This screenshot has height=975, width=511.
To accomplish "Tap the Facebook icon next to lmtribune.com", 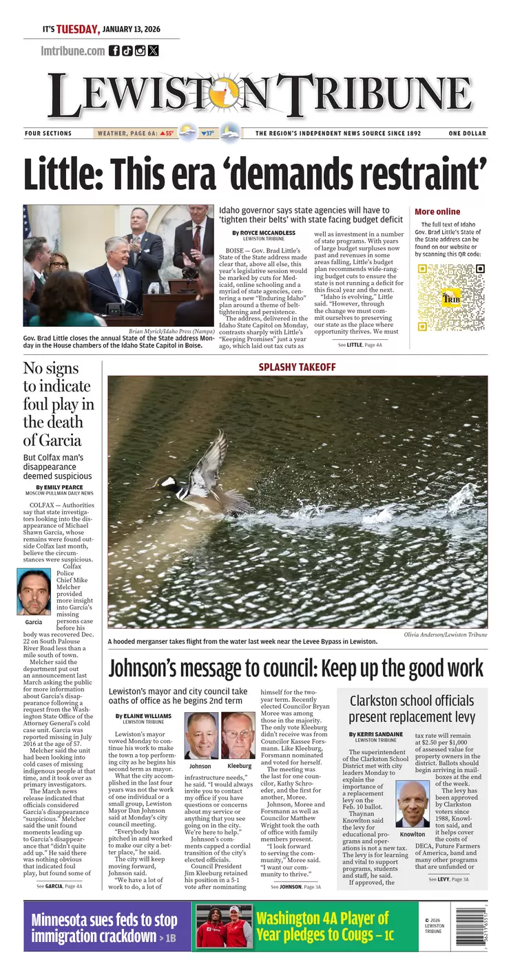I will pos(114,50).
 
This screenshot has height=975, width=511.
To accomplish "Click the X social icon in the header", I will pos(153,50).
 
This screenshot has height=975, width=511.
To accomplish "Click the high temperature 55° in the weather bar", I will pos(167,133).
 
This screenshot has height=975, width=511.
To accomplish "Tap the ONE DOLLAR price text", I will pos(467,133).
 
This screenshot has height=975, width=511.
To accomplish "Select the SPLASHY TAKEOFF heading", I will pos(297,367).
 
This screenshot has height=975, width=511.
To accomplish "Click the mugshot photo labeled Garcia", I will pos(34,592).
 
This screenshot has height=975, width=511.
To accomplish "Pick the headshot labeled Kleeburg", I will pos(238,735).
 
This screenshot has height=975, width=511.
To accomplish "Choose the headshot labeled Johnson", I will pos(200,735).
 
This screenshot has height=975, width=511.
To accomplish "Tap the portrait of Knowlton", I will pos(413,803).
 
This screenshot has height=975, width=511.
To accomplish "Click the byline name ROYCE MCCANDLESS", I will pos(267,233).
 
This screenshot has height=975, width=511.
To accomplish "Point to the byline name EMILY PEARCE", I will pos(67,487).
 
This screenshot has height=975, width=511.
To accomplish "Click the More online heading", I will pos(437,212).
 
